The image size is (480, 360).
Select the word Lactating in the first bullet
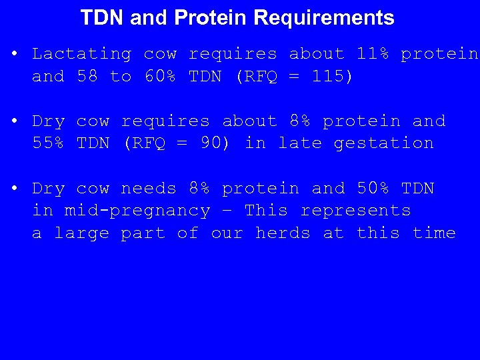coord(82,54)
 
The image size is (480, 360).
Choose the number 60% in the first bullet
coord(160,77)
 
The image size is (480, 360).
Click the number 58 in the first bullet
coord(87,77)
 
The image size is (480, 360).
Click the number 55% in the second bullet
coord(49,143)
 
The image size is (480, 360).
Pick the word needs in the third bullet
coord(149,189)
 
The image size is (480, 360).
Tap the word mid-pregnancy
coord(137,211)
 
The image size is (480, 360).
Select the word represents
coord(356,211)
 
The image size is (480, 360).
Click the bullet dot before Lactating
coord(15,54)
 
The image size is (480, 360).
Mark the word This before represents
coord(267,211)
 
